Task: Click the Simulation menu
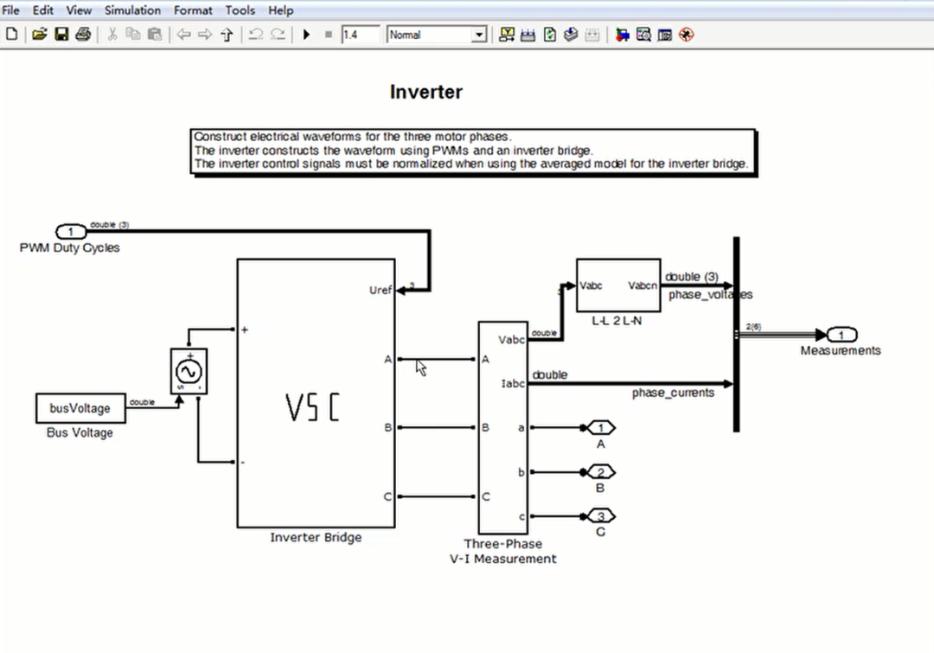click(132, 10)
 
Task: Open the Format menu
click(193, 10)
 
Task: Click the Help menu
click(280, 10)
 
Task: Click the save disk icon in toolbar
click(61, 35)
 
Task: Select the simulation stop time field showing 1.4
click(360, 35)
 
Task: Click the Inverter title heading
click(425, 92)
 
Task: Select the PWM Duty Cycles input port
click(71, 231)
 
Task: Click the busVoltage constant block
click(80, 408)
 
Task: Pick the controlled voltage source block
click(189, 371)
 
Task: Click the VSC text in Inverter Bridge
click(312, 407)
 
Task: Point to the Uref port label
click(380, 291)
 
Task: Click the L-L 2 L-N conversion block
click(617, 285)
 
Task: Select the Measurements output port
click(841, 335)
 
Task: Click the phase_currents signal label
click(673, 393)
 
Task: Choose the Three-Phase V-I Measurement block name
click(502, 551)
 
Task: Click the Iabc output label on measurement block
click(512, 382)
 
